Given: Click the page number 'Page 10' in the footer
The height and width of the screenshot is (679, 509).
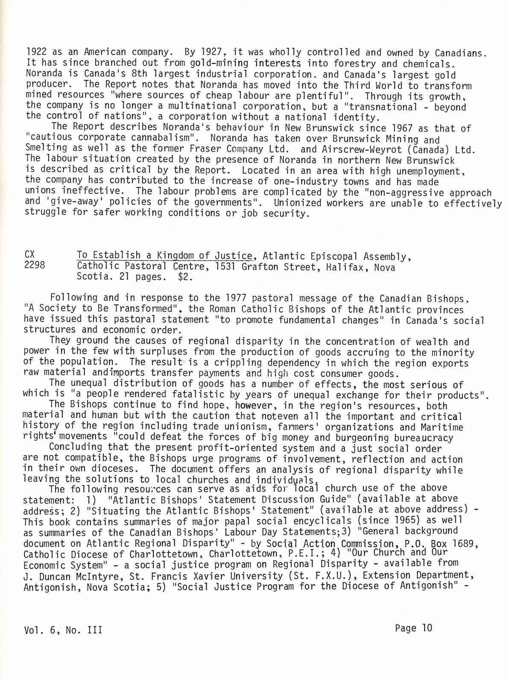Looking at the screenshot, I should click(x=413, y=627).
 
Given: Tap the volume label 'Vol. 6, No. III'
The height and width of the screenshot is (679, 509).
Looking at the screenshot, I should click(x=63, y=629).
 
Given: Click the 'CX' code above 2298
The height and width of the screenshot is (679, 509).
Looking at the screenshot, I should click(x=29, y=255).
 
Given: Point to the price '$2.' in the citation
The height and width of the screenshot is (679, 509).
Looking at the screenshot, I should click(x=185, y=277).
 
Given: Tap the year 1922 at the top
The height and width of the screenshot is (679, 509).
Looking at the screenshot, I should click(x=36, y=53).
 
